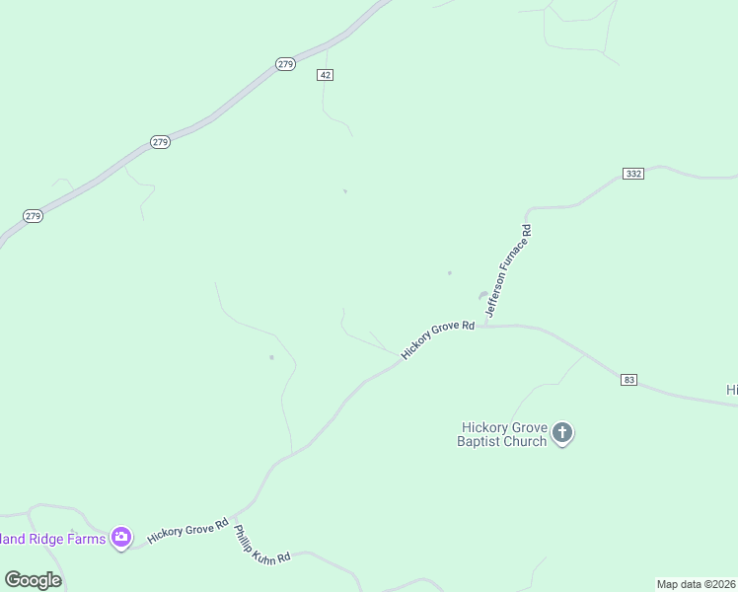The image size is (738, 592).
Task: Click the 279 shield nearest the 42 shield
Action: tap(285, 64)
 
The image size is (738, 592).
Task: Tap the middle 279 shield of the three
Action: tap(161, 142)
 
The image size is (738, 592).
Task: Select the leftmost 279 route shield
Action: tap(34, 216)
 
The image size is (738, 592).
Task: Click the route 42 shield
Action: tap(326, 75)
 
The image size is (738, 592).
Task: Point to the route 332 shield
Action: tap(633, 174)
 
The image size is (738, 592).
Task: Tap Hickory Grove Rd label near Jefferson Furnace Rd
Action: tap(438, 338)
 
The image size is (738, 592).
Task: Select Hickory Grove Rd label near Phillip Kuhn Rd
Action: tap(187, 531)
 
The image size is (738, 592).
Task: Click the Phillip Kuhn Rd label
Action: tap(261, 545)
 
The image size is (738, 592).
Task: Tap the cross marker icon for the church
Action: tap(562, 433)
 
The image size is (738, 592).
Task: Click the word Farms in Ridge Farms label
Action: tap(87, 539)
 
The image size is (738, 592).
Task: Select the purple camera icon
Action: tap(121, 538)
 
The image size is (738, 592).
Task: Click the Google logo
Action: tap(33, 580)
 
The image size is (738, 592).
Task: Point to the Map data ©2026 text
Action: tap(697, 584)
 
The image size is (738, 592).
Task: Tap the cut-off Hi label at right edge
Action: tap(732, 391)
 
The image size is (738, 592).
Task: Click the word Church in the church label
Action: tap(527, 441)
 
